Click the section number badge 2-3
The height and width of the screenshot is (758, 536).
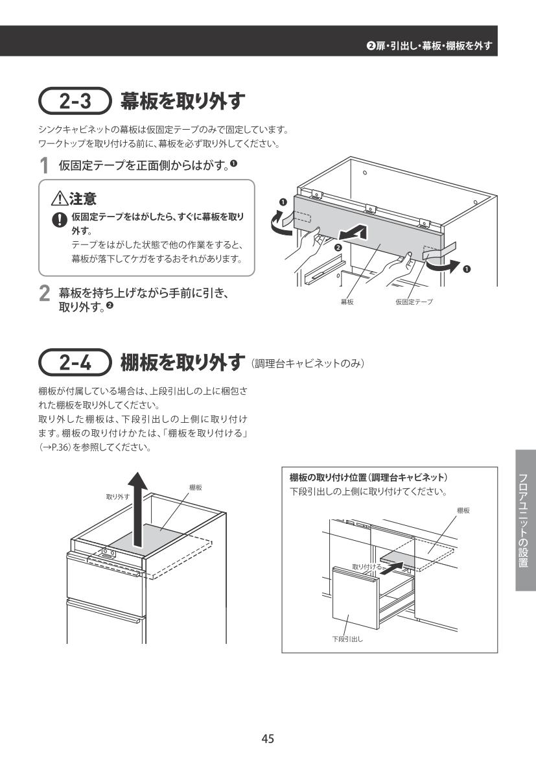(x=75, y=101)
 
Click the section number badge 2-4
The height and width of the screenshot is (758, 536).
(x=75, y=362)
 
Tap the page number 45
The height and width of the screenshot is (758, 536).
(x=268, y=738)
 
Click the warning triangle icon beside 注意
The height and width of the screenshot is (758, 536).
(x=60, y=198)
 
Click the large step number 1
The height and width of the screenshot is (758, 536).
(x=44, y=166)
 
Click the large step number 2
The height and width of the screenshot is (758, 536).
(x=44, y=294)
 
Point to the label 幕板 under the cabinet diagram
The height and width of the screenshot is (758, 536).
(x=347, y=302)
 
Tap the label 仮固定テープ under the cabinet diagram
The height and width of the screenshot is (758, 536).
(x=414, y=302)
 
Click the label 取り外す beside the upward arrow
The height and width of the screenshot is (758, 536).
(x=118, y=497)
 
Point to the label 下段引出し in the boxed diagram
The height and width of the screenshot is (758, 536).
(x=347, y=639)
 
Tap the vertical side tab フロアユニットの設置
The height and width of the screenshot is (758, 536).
(x=526, y=520)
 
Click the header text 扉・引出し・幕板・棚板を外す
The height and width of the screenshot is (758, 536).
(x=434, y=46)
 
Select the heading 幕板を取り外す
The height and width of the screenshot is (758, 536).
(x=183, y=101)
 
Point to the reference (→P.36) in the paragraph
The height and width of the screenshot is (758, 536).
(x=54, y=447)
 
